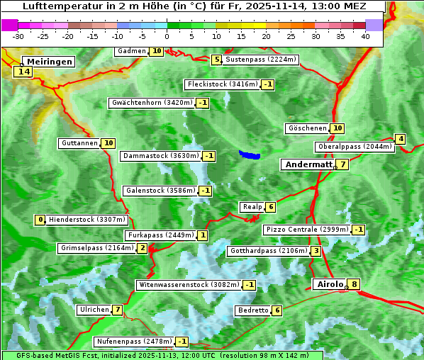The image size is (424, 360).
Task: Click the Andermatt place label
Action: click(x=308, y=164)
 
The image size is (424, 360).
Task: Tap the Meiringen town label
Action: click(x=48, y=62)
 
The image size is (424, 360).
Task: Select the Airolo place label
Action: click(x=330, y=284)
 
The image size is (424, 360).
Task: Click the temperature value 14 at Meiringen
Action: click(x=24, y=72)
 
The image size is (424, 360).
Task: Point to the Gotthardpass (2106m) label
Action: click(x=268, y=251)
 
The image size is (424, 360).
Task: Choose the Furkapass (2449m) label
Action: click(x=160, y=235)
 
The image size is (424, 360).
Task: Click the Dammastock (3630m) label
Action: click(x=160, y=156)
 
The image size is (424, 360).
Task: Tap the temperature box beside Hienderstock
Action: click(x=40, y=220)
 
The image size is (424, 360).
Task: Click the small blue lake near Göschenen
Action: click(x=250, y=154)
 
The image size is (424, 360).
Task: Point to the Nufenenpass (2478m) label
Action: click(x=133, y=342)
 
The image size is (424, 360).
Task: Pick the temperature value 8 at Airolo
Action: click(x=354, y=285)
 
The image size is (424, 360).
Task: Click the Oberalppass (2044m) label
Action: click(x=354, y=147)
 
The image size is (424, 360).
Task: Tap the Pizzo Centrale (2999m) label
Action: click(x=306, y=230)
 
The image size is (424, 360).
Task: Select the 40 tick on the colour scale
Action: click(x=365, y=36)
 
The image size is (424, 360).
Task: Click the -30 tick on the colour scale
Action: click(x=18, y=36)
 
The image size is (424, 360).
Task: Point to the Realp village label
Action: click(x=252, y=207)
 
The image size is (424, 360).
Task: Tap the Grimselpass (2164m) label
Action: click(x=97, y=248)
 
